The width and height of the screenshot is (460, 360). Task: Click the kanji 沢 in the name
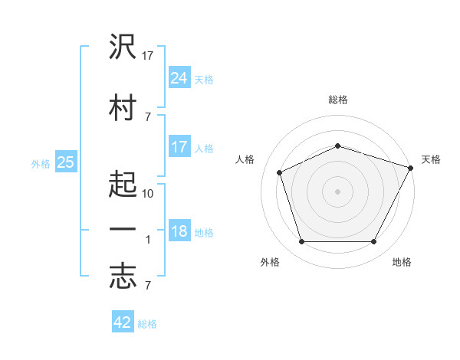[123, 46]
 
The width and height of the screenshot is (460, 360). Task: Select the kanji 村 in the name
[123, 107]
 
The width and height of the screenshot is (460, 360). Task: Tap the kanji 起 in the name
[123, 184]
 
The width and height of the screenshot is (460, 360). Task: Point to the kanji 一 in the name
[123, 229]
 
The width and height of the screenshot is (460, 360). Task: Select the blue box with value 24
[180, 77]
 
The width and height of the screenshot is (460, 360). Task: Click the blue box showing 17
[180, 146]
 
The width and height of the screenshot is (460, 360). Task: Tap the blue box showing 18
[180, 230]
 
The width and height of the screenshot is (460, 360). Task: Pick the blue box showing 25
[66, 162]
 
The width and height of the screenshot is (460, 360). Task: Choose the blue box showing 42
[123, 321]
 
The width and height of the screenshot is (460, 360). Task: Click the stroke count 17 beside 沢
[147, 56]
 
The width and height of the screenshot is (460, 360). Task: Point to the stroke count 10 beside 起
[147, 194]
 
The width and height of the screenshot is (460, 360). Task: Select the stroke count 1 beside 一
[148, 240]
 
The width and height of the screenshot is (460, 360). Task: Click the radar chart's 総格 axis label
[338, 100]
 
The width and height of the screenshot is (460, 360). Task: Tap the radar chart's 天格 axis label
[431, 159]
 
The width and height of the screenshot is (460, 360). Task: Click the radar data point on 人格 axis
[280, 172]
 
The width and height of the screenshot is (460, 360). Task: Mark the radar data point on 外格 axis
[302, 241]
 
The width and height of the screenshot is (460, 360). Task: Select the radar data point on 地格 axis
[374, 241]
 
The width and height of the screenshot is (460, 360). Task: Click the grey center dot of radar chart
[337, 191]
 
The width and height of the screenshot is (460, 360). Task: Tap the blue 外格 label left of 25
[41, 164]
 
